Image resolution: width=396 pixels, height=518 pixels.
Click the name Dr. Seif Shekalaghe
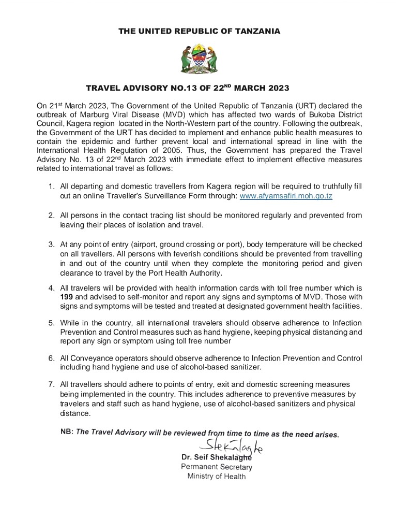pyautogui.click(x=217, y=457)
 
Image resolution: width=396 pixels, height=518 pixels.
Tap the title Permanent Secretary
pyautogui.click(x=217, y=467)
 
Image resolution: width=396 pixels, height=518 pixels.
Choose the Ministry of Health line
pyautogui.click(x=217, y=476)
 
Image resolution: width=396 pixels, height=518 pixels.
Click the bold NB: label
pyautogui.click(x=67, y=431)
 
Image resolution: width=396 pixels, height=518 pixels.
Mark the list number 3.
pyautogui.click(x=51, y=244)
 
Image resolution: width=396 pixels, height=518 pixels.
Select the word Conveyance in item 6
pyautogui.click(x=90, y=358)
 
